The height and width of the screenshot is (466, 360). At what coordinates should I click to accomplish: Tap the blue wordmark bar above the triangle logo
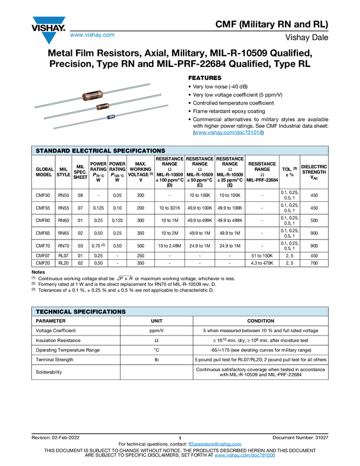[x=49, y=20]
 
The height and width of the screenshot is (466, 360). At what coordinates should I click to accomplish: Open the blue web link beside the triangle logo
[x=92, y=35]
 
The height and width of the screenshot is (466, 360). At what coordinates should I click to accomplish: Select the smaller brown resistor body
[x=102, y=105]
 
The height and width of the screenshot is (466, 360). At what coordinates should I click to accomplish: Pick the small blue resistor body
[x=112, y=116]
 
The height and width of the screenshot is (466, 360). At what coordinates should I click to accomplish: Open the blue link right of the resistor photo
[x=228, y=132]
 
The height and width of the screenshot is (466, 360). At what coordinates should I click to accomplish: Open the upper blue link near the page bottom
[x=215, y=444]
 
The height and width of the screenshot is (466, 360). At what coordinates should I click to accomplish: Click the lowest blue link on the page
[x=244, y=456]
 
